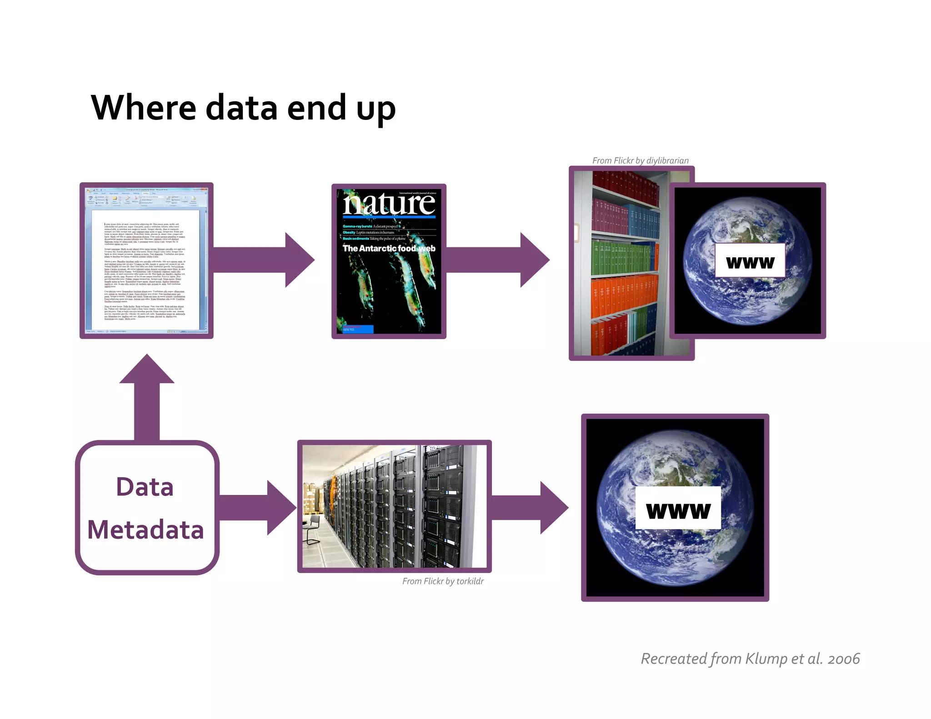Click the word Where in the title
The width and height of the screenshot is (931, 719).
[x=143, y=108]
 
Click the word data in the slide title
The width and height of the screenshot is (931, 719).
[x=241, y=108]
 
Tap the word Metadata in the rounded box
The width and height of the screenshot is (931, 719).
[x=145, y=530]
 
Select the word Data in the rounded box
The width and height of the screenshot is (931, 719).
[x=145, y=487]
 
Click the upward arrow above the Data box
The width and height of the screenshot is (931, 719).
[x=147, y=395]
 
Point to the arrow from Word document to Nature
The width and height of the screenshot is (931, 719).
[x=264, y=260]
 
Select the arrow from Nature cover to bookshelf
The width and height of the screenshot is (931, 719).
[x=498, y=260]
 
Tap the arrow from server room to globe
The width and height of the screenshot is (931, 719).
[x=530, y=508]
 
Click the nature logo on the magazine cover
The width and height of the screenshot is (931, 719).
[x=389, y=204]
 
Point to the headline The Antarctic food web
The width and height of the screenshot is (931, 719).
[x=389, y=249]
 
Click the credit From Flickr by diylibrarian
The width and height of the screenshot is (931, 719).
[x=640, y=160]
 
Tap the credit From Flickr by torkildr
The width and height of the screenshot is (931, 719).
[x=443, y=581]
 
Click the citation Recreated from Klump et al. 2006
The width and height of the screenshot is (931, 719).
[x=750, y=659]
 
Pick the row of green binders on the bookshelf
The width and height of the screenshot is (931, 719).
[x=623, y=257]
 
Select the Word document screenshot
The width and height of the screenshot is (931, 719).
[x=146, y=260]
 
